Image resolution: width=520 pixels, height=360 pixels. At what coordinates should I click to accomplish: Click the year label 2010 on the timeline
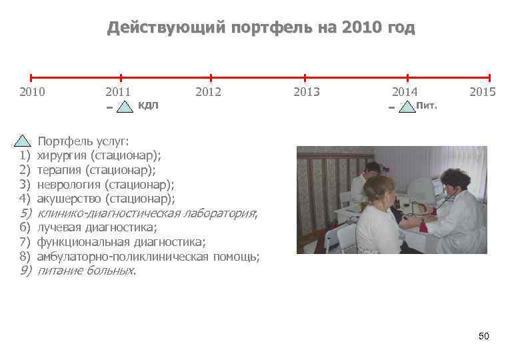[33, 92]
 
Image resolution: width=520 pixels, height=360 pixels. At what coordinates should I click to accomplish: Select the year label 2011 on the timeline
[118, 92]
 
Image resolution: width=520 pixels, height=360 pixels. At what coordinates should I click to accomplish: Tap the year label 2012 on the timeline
[208, 92]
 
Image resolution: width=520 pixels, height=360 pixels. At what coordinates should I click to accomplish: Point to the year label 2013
[307, 92]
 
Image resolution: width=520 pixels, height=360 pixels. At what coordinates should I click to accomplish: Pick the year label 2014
[405, 92]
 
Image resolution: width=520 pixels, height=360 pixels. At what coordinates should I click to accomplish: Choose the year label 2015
[482, 92]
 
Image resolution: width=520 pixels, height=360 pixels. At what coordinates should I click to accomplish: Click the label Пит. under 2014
[427, 105]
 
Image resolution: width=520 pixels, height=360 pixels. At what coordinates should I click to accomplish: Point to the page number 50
[484, 336]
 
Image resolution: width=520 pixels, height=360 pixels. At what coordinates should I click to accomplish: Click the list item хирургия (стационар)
[99, 155]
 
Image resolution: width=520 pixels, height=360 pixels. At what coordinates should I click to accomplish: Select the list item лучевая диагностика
[97, 227]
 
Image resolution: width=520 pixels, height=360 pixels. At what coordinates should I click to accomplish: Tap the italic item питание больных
[87, 271]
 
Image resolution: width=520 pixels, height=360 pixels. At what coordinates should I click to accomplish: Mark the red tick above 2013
[305, 77]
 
